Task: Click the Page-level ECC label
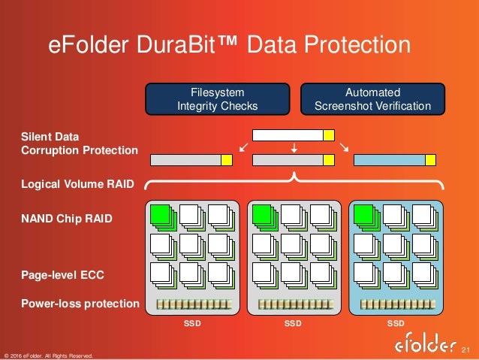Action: [x=62, y=276]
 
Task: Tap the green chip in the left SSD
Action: [x=160, y=213]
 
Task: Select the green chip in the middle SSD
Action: [x=261, y=213]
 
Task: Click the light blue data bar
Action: [x=390, y=159]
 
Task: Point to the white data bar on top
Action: [x=288, y=135]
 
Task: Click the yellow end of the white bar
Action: [x=329, y=135]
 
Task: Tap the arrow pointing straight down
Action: [x=294, y=149]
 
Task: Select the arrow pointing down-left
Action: [x=243, y=147]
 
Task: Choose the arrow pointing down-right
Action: [x=344, y=147]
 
